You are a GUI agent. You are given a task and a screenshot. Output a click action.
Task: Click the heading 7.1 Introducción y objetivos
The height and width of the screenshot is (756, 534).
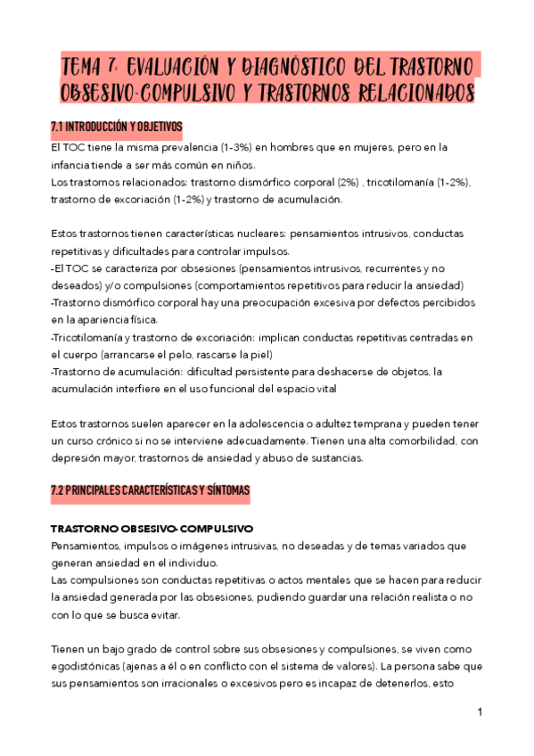116,126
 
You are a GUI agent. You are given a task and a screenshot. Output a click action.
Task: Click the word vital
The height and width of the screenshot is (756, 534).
326,389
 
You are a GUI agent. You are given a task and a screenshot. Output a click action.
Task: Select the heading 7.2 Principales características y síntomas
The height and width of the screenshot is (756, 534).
150,491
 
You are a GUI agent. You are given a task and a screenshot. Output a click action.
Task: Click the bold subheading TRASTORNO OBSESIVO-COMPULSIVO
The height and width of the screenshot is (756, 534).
152,527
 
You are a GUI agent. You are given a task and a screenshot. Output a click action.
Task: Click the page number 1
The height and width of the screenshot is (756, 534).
480,713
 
